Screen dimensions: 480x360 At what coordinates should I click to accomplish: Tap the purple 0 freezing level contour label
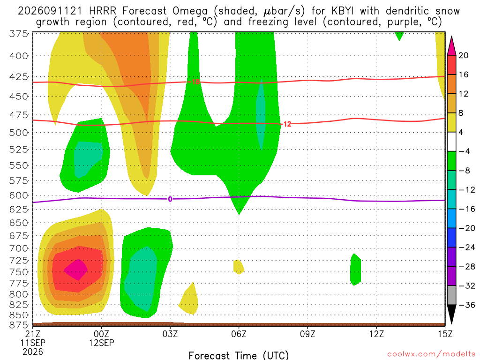(x=170, y=199)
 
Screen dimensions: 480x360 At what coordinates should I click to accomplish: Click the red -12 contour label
(x=286, y=124)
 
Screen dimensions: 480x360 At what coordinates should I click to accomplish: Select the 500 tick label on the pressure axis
(x=19, y=133)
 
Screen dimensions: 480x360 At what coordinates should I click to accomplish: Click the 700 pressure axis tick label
(x=19, y=248)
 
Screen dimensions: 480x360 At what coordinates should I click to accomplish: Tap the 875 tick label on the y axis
(x=19, y=325)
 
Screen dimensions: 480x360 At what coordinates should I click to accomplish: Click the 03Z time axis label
(x=170, y=334)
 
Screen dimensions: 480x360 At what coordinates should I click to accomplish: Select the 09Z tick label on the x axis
(x=307, y=334)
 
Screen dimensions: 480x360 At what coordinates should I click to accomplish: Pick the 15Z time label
(x=445, y=334)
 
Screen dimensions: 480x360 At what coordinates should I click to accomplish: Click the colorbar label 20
(x=463, y=55)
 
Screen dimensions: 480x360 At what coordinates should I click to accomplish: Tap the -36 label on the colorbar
(x=466, y=305)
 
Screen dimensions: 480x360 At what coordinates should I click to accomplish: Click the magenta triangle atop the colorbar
(x=451, y=46)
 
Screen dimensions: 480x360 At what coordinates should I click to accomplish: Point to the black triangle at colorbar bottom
(x=451, y=313)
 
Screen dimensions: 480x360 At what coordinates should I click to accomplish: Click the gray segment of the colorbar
(x=451, y=295)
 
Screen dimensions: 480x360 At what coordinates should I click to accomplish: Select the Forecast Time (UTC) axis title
(x=239, y=355)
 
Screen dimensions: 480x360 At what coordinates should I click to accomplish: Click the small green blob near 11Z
(x=355, y=270)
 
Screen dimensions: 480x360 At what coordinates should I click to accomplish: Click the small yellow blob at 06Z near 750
(x=239, y=267)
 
